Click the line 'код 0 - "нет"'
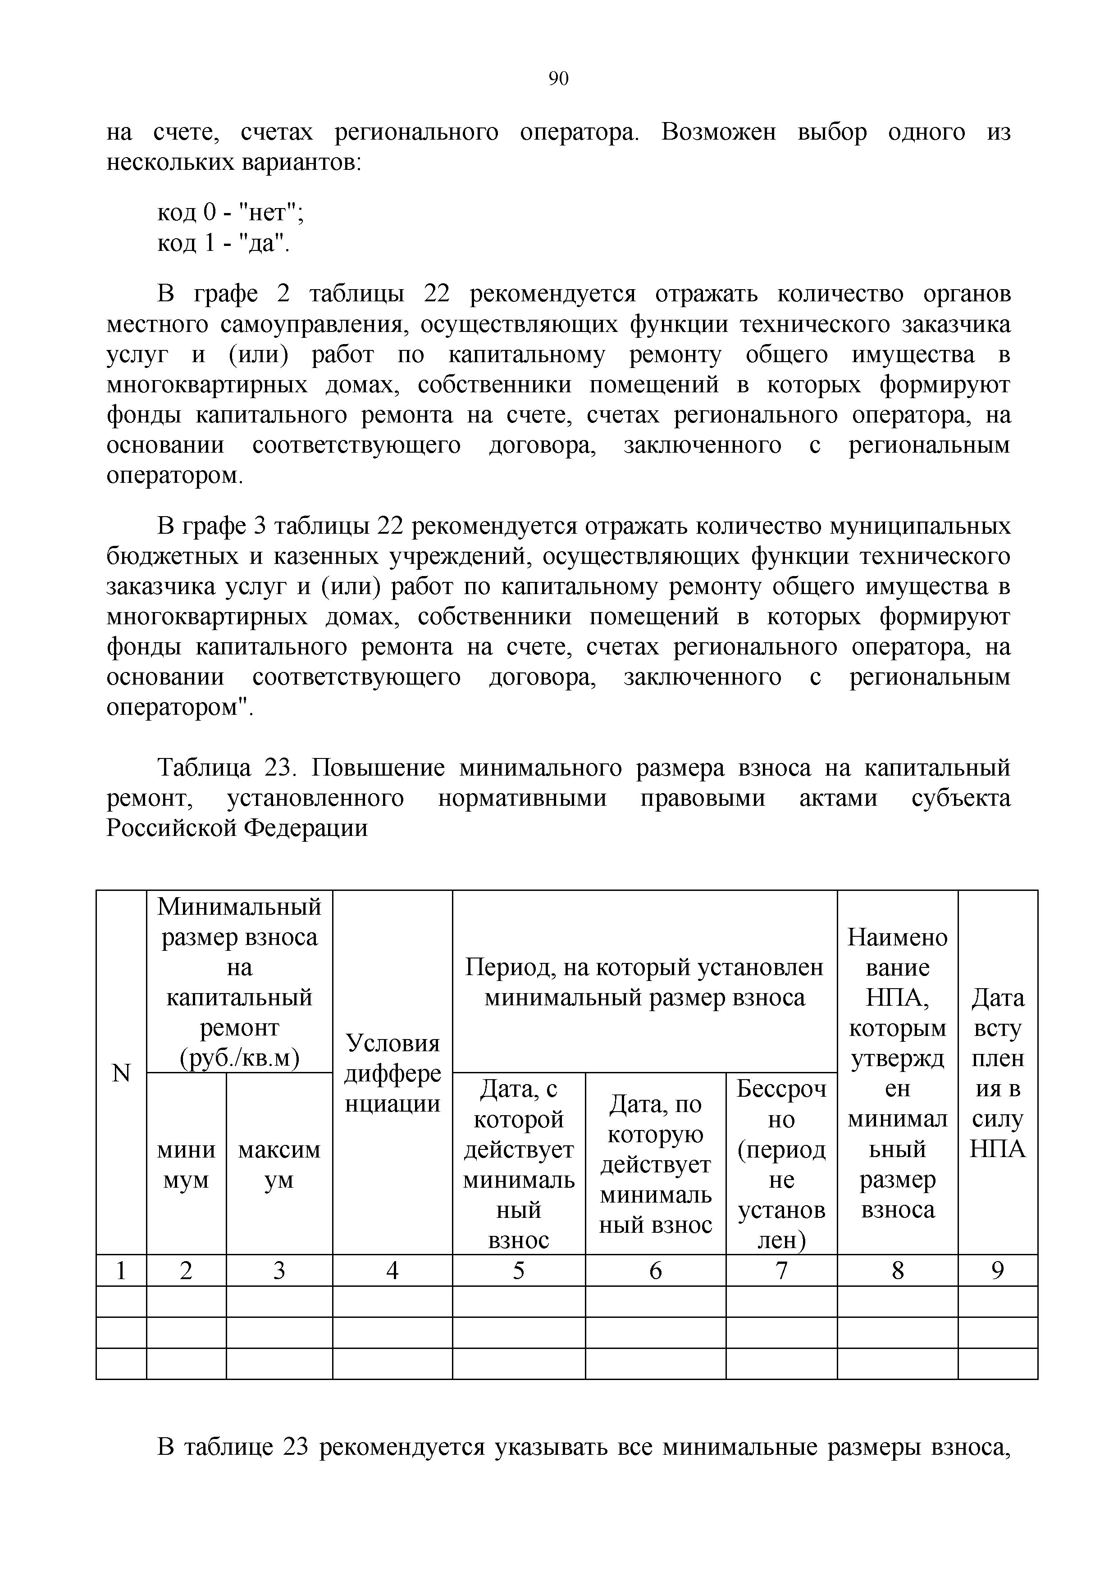point(231,213)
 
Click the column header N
point(121,1073)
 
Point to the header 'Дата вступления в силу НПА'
point(998,1073)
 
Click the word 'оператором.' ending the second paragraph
point(175,476)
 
